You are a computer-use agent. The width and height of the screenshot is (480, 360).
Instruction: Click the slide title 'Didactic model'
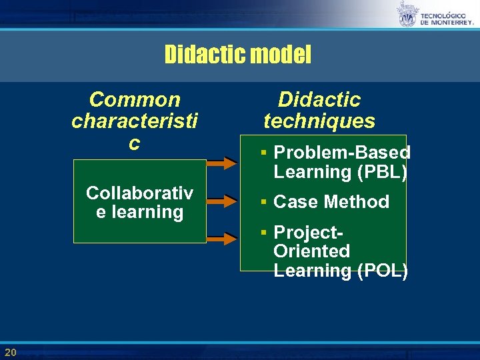237,54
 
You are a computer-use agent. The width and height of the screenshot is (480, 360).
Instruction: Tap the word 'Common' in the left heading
135,100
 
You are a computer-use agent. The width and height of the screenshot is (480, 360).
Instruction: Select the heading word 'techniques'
319,121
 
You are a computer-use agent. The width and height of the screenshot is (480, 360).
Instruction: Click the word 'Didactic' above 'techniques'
319,100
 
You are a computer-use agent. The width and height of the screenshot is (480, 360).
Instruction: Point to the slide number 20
10,352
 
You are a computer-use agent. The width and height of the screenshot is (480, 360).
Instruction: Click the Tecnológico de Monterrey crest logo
407,15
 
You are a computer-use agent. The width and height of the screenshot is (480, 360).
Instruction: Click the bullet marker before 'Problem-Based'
264,153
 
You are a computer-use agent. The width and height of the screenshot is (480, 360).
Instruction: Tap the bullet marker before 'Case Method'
264,201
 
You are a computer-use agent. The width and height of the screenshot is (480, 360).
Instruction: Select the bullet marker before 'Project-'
264,232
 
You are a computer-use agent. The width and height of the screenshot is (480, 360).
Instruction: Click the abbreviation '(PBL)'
382,172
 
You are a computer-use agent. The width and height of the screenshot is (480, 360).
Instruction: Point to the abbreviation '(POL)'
382,271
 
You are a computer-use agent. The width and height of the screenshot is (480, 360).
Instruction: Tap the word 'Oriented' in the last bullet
311,251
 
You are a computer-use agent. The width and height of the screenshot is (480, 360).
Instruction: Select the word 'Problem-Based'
341,153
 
